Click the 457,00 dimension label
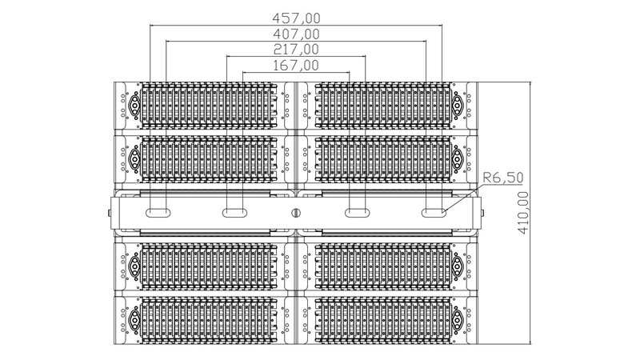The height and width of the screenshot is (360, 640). click(296, 18)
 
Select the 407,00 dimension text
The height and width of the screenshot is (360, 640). click(296, 34)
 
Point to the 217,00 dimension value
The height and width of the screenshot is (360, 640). click(296, 50)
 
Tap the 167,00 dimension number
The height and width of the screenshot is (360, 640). click(296, 65)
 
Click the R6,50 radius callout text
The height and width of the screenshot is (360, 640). click(503, 178)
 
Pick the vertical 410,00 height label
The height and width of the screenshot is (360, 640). click(523, 213)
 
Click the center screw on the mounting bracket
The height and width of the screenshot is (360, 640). click(296, 213)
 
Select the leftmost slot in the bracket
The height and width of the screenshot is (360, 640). click(158, 213)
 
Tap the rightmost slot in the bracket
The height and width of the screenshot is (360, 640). click(434, 213)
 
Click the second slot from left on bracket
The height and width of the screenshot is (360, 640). click(234, 213)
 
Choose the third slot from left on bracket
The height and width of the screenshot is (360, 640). click(358, 213)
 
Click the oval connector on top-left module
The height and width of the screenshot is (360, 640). click(134, 105)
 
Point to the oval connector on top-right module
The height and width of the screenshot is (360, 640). click(458, 105)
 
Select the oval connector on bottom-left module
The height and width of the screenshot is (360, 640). click(134, 319)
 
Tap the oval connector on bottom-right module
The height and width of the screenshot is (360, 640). click(458, 319)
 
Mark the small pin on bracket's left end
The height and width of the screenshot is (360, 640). click(109, 213)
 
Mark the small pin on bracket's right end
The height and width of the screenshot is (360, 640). click(483, 213)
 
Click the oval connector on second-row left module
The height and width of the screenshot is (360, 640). click(134, 158)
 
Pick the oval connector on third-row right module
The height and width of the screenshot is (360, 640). click(458, 266)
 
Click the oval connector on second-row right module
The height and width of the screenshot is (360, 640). click(458, 158)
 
